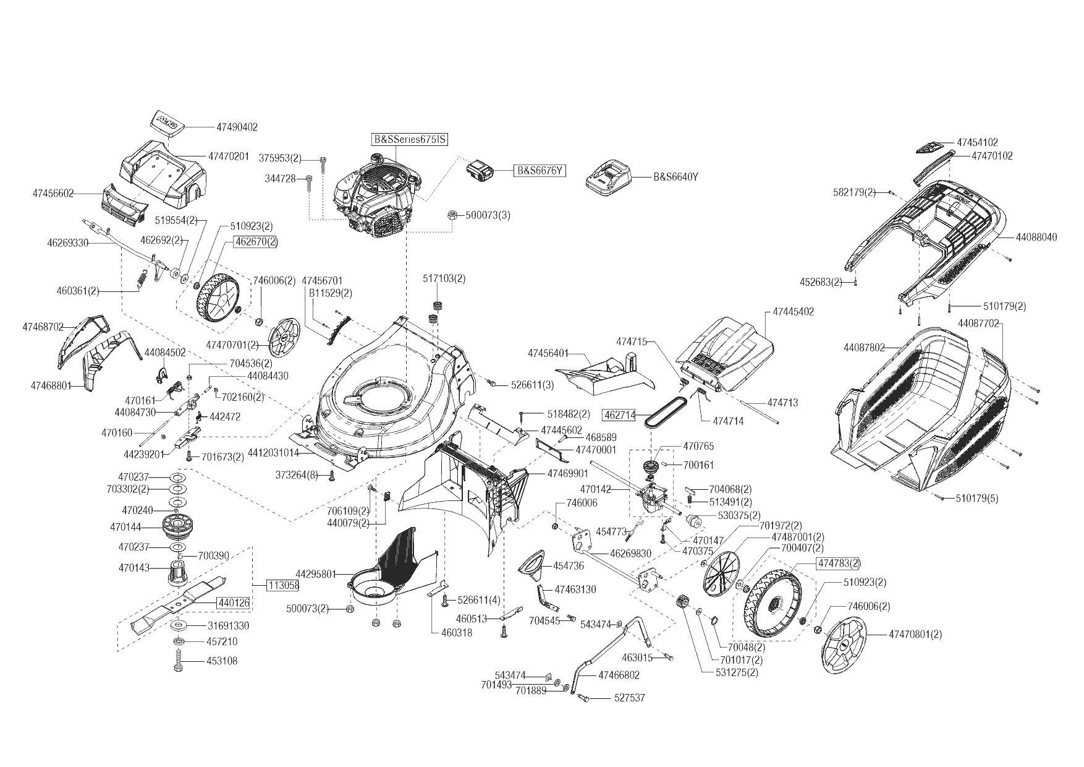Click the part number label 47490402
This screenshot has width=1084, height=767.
(x=237, y=127)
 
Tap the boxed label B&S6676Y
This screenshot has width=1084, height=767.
(x=540, y=170)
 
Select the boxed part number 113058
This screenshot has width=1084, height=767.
(x=283, y=585)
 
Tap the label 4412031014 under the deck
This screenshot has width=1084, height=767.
(x=273, y=453)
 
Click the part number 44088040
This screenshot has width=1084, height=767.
(x=1036, y=237)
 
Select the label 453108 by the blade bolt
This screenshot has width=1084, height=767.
(x=222, y=661)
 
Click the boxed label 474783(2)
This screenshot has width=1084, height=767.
(x=838, y=563)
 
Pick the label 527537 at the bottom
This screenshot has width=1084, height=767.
(x=629, y=698)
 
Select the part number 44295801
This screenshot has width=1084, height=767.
(x=315, y=574)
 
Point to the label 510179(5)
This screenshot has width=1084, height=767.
(x=976, y=498)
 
